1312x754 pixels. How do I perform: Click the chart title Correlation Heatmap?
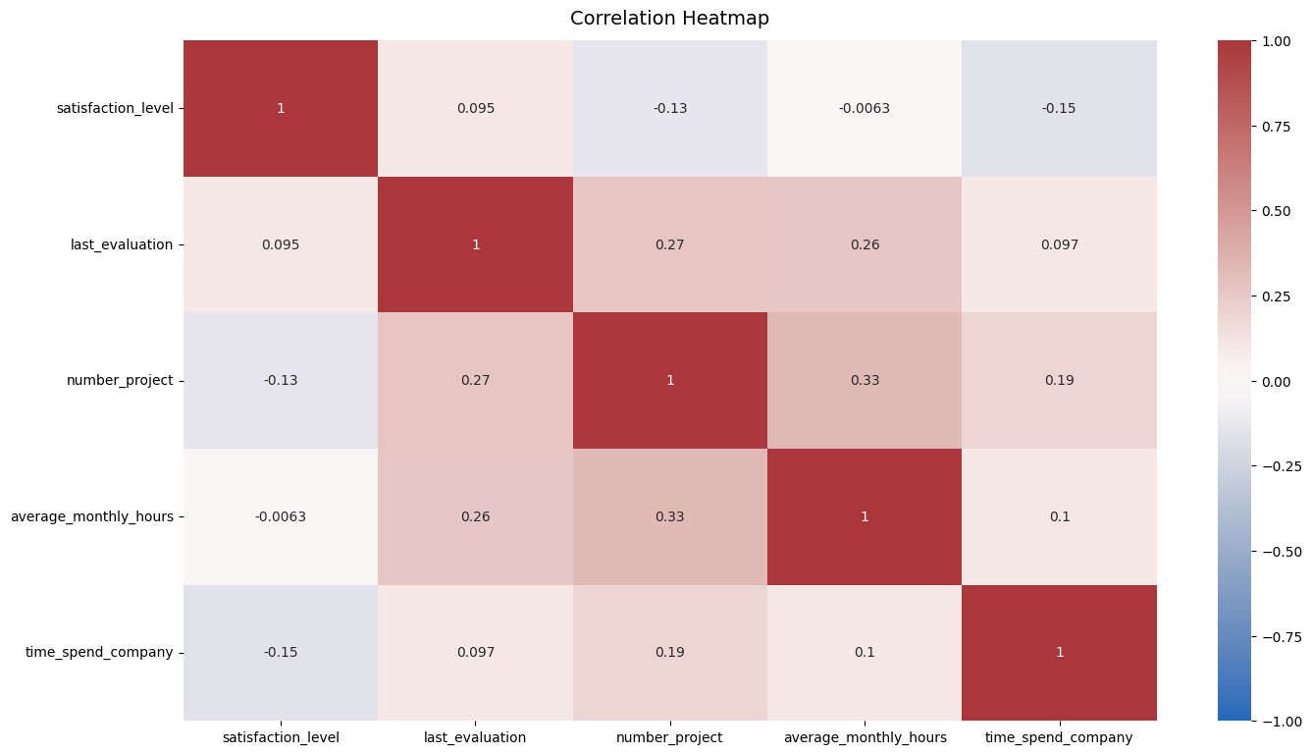click(669, 18)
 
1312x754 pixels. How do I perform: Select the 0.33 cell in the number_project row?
click(865, 380)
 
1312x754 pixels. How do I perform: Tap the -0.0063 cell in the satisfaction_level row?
click(865, 108)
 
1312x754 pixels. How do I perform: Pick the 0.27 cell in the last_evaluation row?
click(670, 244)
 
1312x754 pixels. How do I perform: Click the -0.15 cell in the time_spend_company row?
click(281, 652)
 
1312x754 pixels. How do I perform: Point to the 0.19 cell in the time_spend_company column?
click(1059, 380)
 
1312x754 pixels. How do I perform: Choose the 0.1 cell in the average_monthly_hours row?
click(1059, 516)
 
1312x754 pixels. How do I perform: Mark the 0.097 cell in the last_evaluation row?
click(1059, 244)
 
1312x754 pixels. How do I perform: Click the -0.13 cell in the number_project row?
click(281, 380)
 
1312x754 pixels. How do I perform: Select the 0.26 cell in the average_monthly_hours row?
click(475, 516)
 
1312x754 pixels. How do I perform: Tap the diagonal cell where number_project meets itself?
click(670, 380)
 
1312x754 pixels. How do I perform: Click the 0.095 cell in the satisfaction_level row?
click(475, 108)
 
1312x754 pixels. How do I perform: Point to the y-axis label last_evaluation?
click(122, 244)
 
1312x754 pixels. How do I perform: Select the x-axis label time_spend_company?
click(1059, 737)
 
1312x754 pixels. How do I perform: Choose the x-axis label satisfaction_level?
click(281, 737)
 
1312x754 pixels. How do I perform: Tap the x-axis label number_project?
click(670, 737)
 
